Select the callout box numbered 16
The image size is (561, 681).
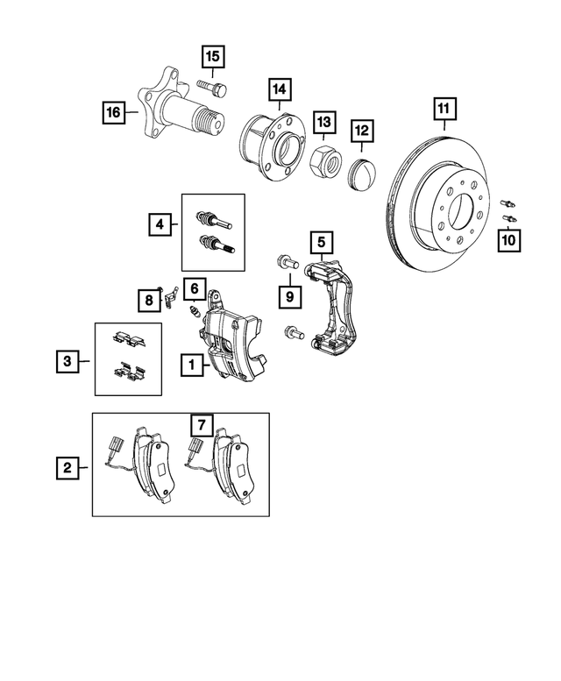click(111, 111)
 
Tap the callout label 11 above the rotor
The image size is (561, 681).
click(444, 110)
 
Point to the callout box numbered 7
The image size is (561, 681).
click(201, 425)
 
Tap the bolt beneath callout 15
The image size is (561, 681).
click(211, 88)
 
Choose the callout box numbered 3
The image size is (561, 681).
click(65, 359)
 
